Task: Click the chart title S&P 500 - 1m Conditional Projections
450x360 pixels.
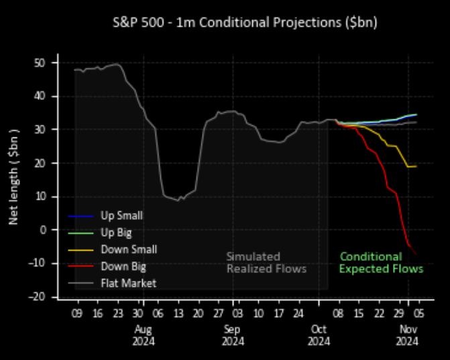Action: coord(244,22)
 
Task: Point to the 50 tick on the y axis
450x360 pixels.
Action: coord(41,62)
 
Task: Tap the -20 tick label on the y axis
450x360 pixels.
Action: coord(40,296)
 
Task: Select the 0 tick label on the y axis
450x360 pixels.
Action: coord(44,229)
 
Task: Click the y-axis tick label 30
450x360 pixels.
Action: coord(41,129)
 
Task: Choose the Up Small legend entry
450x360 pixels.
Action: coord(121,216)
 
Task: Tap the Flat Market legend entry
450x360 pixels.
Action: coord(128,283)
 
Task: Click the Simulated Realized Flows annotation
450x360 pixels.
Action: coord(266,262)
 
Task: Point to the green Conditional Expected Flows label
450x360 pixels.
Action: coord(381,262)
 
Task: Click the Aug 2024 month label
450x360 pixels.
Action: coord(144,335)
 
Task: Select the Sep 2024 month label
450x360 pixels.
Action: coord(232,335)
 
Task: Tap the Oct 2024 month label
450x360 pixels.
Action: coord(319,335)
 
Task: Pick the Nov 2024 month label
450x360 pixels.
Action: coord(407,335)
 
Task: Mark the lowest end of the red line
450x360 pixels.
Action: coord(416,253)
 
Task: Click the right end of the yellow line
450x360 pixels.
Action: coord(416,166)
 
